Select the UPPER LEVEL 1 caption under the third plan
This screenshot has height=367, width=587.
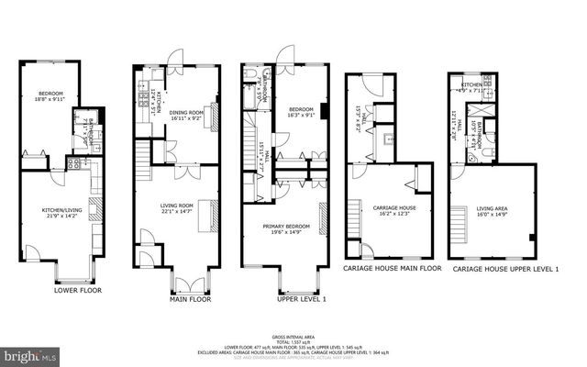coord(291,299)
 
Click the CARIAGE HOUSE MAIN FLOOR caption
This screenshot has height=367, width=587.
coord(392,269)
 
